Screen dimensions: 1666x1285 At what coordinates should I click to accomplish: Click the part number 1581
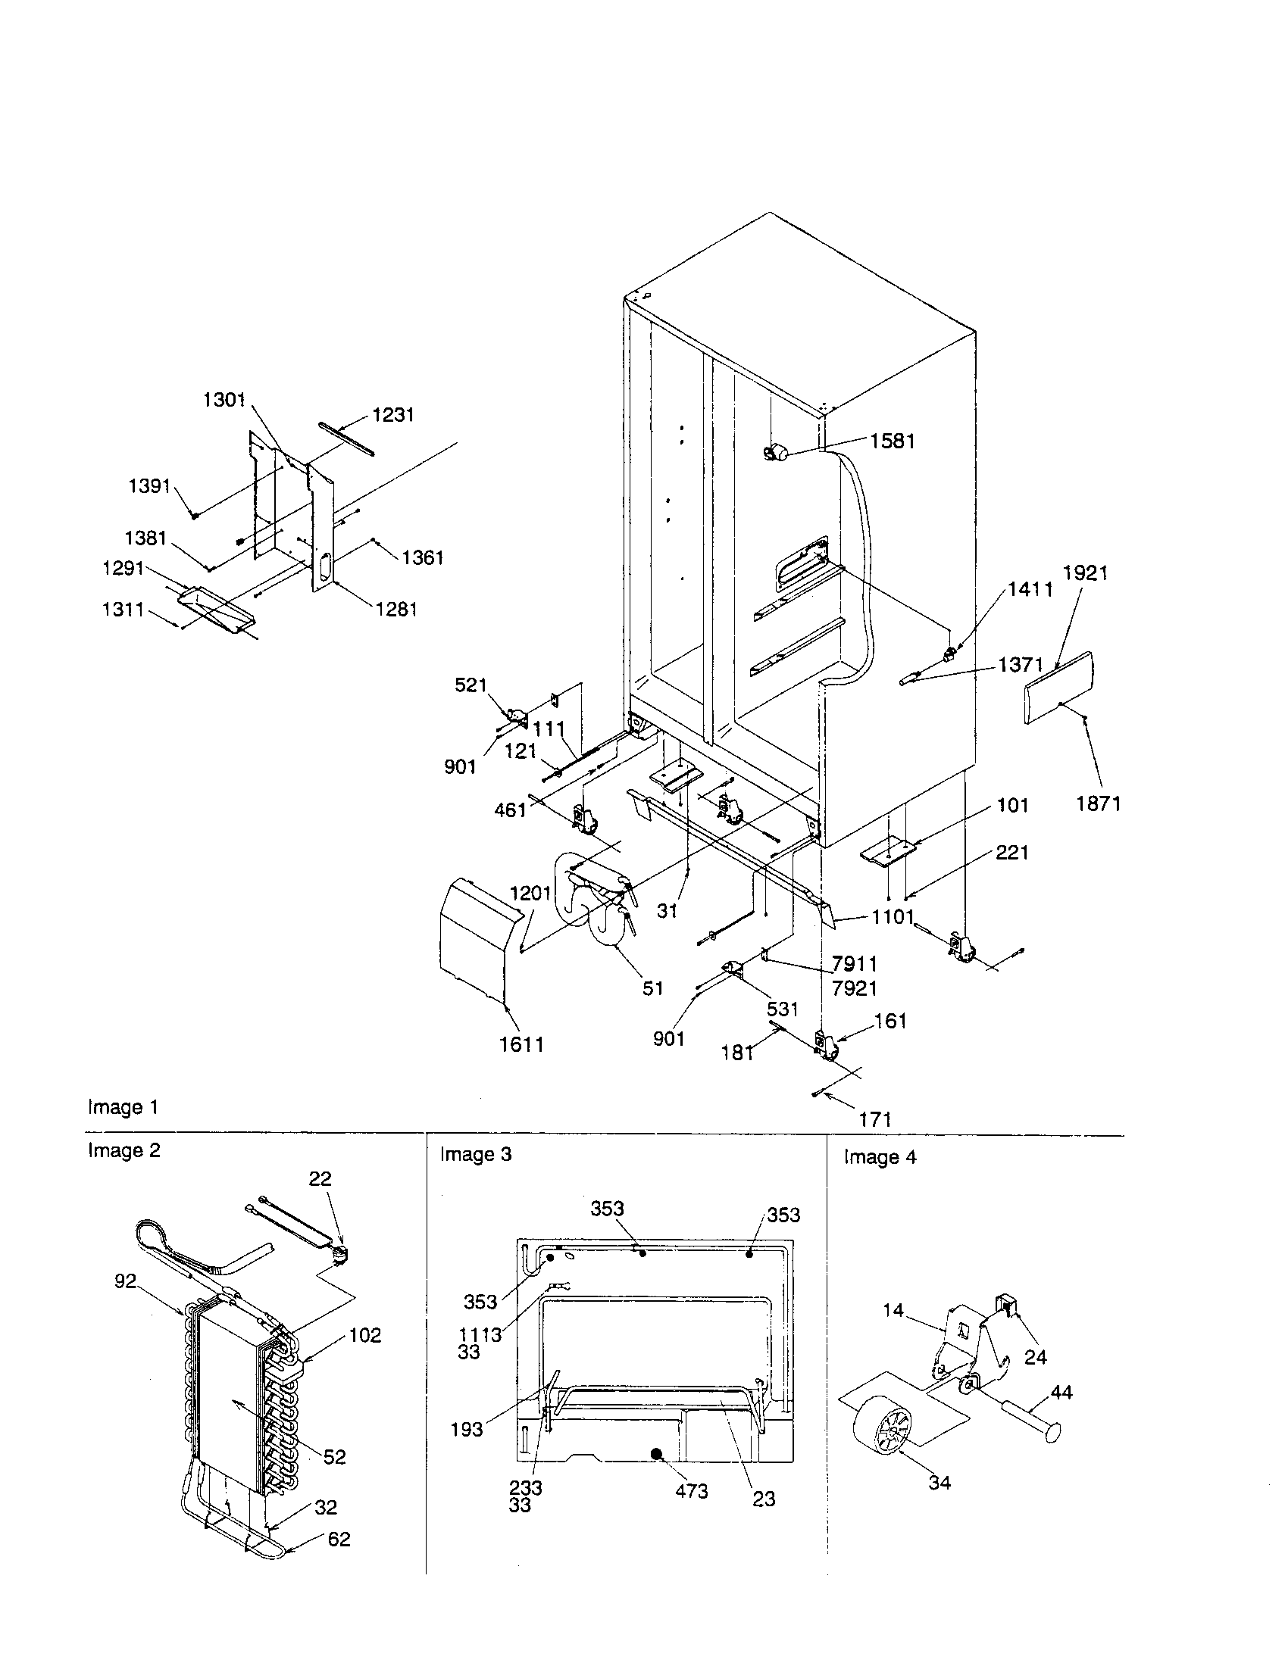(892, 441)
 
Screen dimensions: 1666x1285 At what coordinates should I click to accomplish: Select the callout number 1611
(522, 1044)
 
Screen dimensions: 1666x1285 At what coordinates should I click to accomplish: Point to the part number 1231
(393, 414)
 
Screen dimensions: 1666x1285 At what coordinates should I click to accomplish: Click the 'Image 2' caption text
(123, 1150)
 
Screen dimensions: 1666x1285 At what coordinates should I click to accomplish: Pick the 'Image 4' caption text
(880, 1157)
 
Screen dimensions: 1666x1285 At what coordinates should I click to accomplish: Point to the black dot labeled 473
(655, 1455)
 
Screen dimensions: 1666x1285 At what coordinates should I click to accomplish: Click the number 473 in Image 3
(691, 1490)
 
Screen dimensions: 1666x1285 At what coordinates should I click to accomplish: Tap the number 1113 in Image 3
(480, 1334)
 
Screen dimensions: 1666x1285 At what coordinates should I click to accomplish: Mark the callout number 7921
(855, 987)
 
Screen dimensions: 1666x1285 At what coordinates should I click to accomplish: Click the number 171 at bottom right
(875, 1119)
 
